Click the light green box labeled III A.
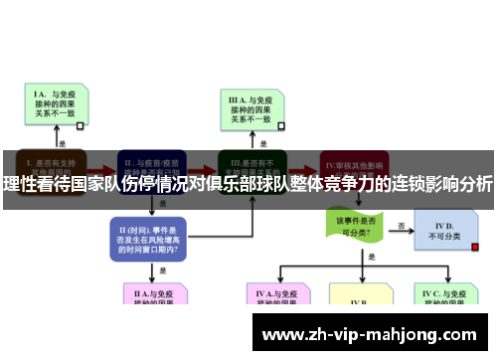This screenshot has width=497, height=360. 248,108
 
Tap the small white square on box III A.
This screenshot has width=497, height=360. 281,127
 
